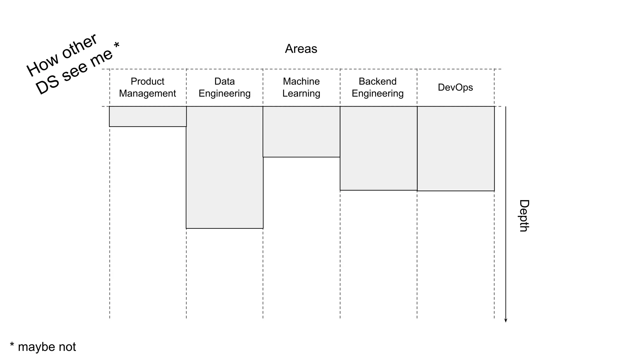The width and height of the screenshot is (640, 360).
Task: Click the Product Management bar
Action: pyautogui.click(x=148, y=117)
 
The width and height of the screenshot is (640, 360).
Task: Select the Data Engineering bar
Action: pyautogui.click(x=225, y=167)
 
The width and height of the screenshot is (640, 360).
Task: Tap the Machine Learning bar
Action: pyautogui.click(x=301, y=132)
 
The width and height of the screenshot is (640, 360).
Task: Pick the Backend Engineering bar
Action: pyautogui.click(x=378, y=148)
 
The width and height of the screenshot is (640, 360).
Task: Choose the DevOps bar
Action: pyautogui.click(x=456, y=148)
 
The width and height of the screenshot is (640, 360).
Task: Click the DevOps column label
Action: pyautogui.click(x=455, y=87)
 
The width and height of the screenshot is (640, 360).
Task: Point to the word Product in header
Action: pyautogui.click(x=147, y=81)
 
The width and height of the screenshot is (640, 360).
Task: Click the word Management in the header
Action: pyautogui.click(x=147, y=93)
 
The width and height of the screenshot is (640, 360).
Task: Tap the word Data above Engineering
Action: pyautogui.click(x=224, y=81)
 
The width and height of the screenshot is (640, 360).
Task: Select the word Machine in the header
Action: pyautogui.click(x=301, y=81)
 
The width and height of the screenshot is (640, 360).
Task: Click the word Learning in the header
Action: pyautogui.click(x=301, y=93)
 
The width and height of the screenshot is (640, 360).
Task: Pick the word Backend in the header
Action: pyautogui.click(x=377, y=81)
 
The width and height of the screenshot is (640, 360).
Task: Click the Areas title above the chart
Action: pyautogui.click(x=301, y=49)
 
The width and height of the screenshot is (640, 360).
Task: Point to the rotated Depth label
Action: pyautogui.click(x=524, y=216)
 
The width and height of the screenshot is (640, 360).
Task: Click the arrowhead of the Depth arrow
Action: pyautogui.click(x=506, y=320)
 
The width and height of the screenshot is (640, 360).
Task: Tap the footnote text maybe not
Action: pyautogui.click(x=47, y=347)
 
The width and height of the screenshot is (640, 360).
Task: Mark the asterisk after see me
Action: pyautogui.click(x=117, y=45)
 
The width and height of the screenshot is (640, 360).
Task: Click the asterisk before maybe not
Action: pyautogui.click(x=12, y=345)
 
